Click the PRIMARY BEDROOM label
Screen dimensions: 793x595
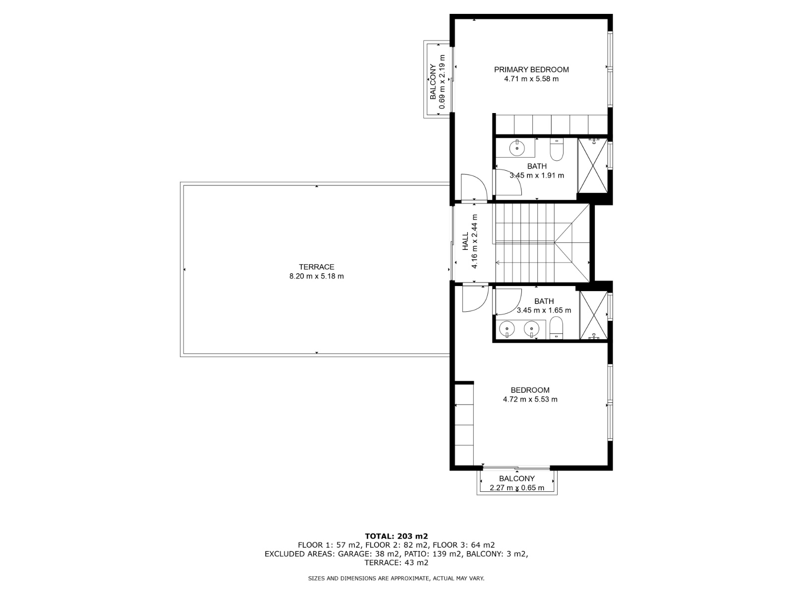point(531,69)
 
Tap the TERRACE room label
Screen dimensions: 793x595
point(317,267)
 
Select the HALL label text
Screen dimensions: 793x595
point(465,241)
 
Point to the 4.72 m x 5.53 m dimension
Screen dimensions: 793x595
point(530,399)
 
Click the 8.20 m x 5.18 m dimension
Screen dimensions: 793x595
point(317,276)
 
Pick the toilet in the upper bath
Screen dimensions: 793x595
point(557,150)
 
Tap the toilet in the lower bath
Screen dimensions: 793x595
point(557,328)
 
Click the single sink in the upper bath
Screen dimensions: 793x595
point(517,148)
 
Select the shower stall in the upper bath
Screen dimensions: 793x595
point(593,166)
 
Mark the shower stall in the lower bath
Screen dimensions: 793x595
point(594,315)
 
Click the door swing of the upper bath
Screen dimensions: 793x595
point(509,182)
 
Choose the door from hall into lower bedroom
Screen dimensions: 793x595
point(475,299)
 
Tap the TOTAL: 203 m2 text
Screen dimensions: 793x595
point(396,536)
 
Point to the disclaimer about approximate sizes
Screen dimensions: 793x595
point(396,578)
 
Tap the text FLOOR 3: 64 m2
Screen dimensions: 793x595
point(464,545)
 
